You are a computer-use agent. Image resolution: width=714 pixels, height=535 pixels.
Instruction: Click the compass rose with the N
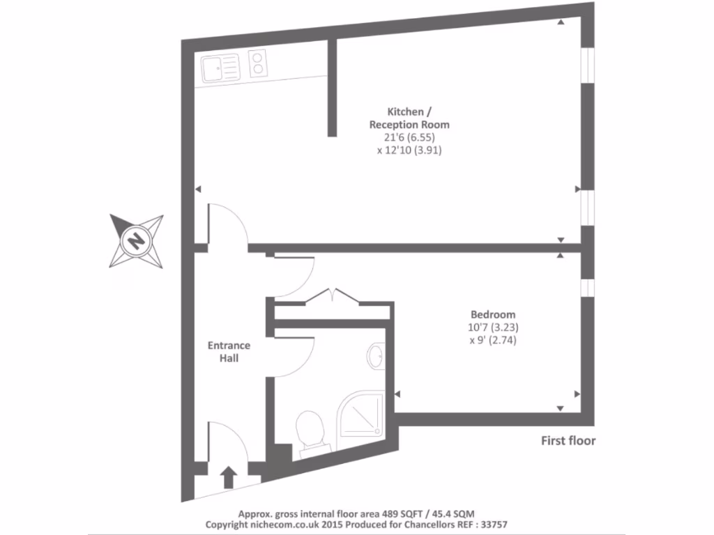click(x=137, y=241)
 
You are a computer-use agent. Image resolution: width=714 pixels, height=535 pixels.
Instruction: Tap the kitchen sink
click(x=220, y=68)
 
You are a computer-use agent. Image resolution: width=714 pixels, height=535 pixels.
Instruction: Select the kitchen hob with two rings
click(x=258, y=64)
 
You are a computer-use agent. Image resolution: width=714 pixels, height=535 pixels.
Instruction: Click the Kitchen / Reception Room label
click(x=409, y=118)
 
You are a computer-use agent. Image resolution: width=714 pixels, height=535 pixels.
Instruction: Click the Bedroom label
click(x=492, y=314)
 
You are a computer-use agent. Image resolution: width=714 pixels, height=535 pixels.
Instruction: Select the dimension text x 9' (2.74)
click(x=493, y=341)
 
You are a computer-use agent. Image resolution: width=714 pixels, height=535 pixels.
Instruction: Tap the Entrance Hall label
click(x=229, y=352)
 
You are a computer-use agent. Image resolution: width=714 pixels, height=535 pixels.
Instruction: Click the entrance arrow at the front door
click(x=229, y=477)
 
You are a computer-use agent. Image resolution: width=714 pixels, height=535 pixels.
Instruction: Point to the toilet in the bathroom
click(x=310, y=429)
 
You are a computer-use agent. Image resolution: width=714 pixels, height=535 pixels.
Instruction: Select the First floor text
click(x=568, y=441)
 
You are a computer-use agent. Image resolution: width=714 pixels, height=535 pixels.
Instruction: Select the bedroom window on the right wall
click(x=587, y=287)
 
